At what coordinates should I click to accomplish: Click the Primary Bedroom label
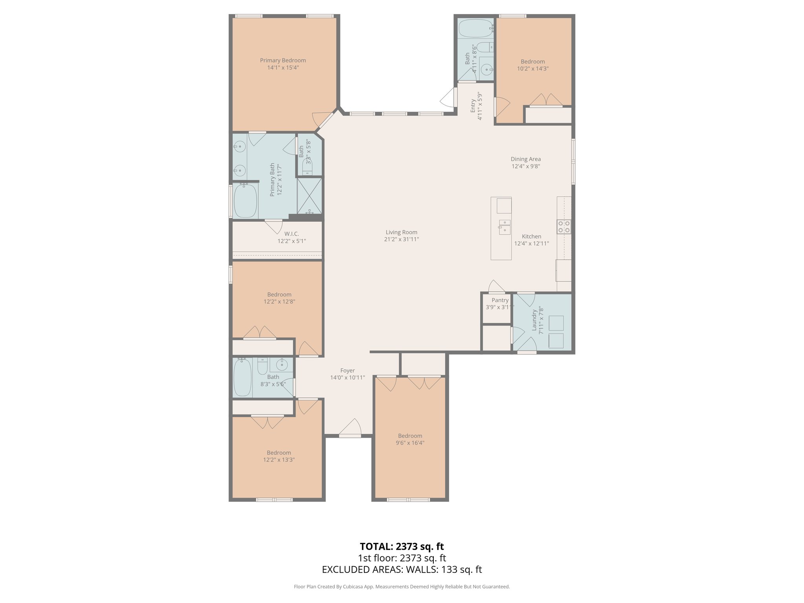point(283,60)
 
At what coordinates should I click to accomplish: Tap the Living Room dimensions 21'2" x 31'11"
point(401,239)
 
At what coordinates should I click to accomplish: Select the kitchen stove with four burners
point(564,227)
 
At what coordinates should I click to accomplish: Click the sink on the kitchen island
point(504,227)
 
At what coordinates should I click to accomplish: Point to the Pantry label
point(500,300)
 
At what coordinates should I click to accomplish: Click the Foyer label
point(347,371)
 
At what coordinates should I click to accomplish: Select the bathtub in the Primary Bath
point(245,200)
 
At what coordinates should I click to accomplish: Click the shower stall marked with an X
point(309,196)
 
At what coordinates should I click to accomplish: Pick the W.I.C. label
point(292,234)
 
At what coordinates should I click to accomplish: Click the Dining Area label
point(525,159)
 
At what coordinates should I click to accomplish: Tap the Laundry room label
point(534,320)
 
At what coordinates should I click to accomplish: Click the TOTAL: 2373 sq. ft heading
point(402,546)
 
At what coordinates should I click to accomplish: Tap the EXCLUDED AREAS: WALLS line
point(402,570)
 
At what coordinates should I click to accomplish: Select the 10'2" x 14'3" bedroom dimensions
point(533,68)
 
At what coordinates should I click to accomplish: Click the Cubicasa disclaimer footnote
point(402,587)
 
